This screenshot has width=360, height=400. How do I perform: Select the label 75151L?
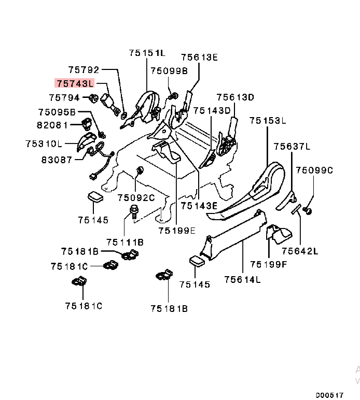coord(147,53)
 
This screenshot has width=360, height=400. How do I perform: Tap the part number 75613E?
coord(199,57)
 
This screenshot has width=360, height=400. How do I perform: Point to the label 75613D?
coord(236,97)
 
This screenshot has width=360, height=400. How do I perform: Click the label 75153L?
coord(267,121)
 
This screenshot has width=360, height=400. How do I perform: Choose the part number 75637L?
coord(292,147)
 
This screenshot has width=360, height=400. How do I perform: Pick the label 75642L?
coord(300,251)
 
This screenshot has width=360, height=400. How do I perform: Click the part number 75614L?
coord(242,280)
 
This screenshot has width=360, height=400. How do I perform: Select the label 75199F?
coord(268,264)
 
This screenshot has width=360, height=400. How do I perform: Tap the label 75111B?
coord(124,242)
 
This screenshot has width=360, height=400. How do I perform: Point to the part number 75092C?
coord(136,197)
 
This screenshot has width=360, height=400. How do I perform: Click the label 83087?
coord(57,160)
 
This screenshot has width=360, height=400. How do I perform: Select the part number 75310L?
coord(44,144)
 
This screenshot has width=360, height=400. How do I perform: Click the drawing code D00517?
coord(330,394)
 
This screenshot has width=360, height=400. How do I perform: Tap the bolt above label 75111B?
coord(133,211)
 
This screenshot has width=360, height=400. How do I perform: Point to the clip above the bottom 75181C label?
coord(79,282)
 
